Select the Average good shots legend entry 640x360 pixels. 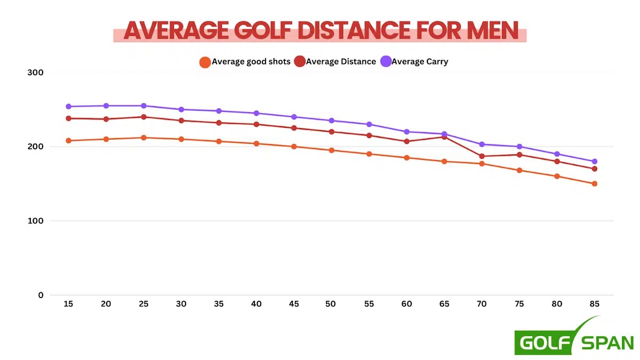click(x=251, y=61)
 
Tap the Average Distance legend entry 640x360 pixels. click(x=341, y=61)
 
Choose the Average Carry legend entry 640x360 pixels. click(x=419, y=61)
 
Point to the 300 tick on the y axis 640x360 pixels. click(x=36, y=73)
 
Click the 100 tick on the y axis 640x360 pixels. click(x=36, y=221)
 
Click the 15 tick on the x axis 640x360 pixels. click(x=69, y=303)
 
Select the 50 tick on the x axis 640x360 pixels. click(x=331, y=303)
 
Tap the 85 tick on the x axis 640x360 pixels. click(x=594, y=303)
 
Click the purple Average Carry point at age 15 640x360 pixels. click(x=69, y=107)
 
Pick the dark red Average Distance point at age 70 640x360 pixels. click(x=482, y=156)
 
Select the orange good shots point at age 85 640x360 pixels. click(x=594, y=183)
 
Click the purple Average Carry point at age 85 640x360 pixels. click(x=594, y=161)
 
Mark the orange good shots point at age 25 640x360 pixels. click(x=143, y=138)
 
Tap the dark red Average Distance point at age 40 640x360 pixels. click(x=256, y=124)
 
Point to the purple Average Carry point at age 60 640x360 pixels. click(x=406, y=132)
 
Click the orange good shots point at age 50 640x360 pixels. click(x=331, y=150)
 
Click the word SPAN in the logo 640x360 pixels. click(x=606, y=342)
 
